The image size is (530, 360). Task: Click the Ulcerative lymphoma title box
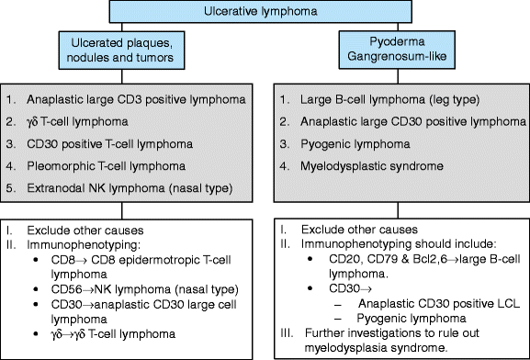pyautogui.click(x=264, y=12)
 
